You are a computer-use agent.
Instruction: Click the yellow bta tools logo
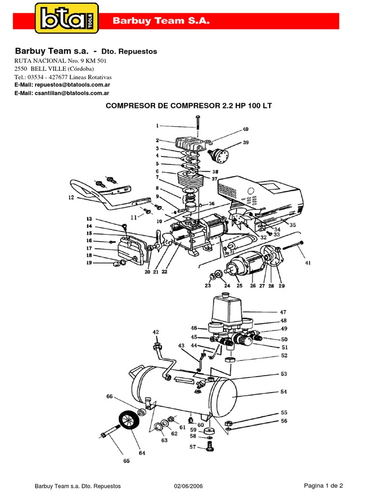click(x=66, y=18)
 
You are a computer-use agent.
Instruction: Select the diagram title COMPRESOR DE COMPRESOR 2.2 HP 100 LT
click(x=189, y=106)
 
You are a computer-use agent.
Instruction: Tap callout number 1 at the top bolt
click(x=157, y=126)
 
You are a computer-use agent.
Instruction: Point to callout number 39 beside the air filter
click(x=246, y=143)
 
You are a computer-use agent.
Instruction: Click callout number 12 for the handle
click(x=71, y=198)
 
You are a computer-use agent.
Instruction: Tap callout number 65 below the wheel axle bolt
click(x=126, y=461)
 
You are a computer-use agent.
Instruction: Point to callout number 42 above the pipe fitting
click(x=156, y=332)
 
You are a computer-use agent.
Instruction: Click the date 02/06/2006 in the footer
click(x=189, y=486)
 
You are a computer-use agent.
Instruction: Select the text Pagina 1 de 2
click(x=323, y=485)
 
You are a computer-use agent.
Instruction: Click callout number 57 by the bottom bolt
click(x=193, y=447)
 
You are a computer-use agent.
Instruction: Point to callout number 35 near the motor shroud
click(x=293, y=225)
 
